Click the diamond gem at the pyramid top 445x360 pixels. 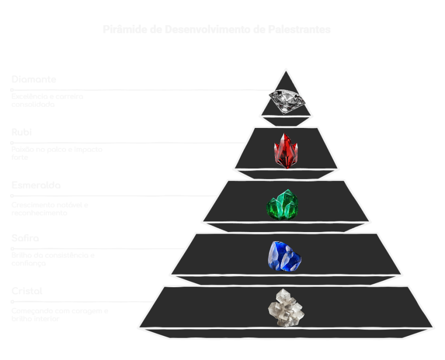click(x=287, y=100)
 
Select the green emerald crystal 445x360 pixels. click(x=282, y=204)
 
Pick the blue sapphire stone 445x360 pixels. click(x=284, y=256)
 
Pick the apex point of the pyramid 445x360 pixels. click(x=286, y=69)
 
